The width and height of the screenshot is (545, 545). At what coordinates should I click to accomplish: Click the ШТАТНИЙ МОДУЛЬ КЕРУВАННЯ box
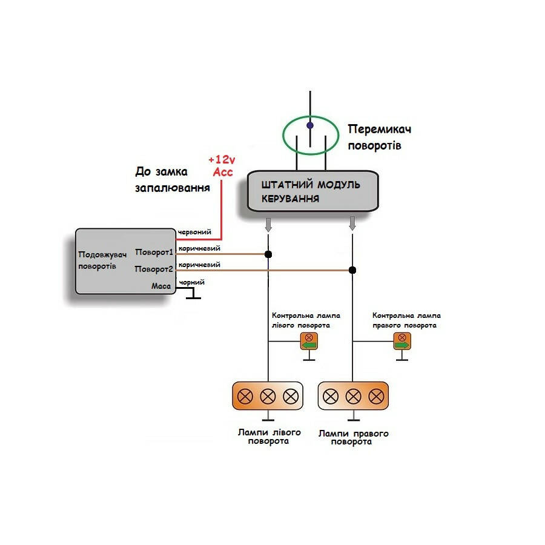coord(311,191)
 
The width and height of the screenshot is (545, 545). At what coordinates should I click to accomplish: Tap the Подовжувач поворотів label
coord(101,260)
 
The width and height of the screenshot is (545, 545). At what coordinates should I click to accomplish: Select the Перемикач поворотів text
coord(380,137)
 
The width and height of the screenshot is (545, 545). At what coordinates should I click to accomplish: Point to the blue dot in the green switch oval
coord(310,126)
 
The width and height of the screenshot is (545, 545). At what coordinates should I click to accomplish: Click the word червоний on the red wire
coord(195,233)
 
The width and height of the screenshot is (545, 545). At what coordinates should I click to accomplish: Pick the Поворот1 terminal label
coord(154,252)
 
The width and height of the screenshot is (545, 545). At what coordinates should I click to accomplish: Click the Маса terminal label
coord(161,286)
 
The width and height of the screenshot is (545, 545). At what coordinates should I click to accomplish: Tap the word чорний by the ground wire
coord(192,282)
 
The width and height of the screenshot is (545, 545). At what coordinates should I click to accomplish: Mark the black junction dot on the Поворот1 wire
coord(268,254)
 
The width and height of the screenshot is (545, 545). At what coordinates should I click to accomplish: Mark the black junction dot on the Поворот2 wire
coord(352,270)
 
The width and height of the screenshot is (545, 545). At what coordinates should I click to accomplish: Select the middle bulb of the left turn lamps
coord(268,397)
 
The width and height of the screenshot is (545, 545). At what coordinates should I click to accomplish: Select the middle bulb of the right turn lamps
coord(353,397)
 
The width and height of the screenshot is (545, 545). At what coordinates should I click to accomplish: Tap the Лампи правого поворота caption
coord(353,438)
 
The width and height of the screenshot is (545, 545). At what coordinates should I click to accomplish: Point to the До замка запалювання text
coord(172,180)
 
